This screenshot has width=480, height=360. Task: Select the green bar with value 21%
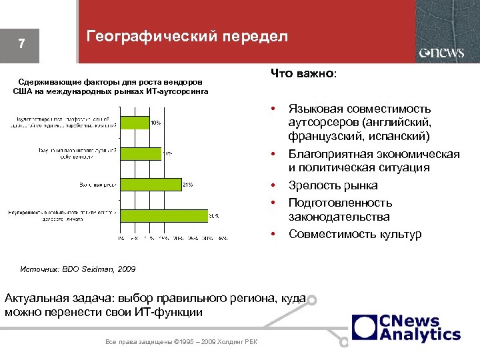click(150, 184)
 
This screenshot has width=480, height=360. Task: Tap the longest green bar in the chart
click(163, 215)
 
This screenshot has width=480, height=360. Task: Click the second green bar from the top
click(140, 153)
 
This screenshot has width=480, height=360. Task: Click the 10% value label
click(155, 123)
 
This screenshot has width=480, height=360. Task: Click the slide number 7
click(22, 45)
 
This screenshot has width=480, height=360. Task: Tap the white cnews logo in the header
click(441, 53)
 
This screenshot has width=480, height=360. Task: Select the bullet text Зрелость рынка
click(333, 185)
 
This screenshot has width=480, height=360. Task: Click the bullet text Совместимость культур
click(355, 234)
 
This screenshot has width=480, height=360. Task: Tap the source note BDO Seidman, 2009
click(99, 269)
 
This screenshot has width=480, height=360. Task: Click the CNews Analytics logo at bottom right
click(406, 327)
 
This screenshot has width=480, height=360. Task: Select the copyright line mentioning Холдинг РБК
click(182, 342)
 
